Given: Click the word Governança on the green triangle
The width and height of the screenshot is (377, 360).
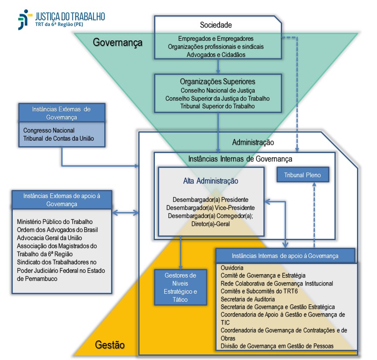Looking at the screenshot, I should pyautogui.click(x=117, y=43).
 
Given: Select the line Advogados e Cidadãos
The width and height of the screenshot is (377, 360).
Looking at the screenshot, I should pyautogui.click(x=216, y=54).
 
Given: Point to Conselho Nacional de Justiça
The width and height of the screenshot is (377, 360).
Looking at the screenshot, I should pyautogui.click(x=217, y=91).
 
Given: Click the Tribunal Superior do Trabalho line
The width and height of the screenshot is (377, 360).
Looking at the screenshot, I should pyautogui.click(x=217, y=106).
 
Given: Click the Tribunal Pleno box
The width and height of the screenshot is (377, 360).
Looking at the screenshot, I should pyautogui.click(x=303, y=175).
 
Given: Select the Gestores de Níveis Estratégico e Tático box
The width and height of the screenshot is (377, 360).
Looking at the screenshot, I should pyautogui.click(x=180, y=287).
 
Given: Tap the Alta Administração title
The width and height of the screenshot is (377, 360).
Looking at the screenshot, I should pyautogui.click(x=211, y=181).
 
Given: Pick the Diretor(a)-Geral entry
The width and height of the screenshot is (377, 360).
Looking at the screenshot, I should pyautogui.click(x=211, y=224).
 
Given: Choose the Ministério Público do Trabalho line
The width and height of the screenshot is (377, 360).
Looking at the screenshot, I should pyautogui.click(x=55, y=221).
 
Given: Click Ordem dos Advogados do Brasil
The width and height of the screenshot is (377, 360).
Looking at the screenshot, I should pyautogui.click(x=57, y=230).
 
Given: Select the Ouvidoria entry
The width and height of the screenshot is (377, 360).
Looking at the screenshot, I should pyautogui.click(x=232, y=268).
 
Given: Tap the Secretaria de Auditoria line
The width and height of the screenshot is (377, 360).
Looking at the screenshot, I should pyautogui.click(x=248, y=299).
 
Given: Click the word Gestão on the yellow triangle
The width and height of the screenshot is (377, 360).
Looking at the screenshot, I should pyautogui.click(x=110, y=344).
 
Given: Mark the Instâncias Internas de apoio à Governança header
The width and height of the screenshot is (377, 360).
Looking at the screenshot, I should pyautogui.click(x=285, y=256).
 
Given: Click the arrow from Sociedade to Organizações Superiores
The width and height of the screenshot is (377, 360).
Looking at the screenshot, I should pyautogui.click(x=218, y=66).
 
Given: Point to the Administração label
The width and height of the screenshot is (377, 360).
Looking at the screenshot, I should pyautogui.click(x=253, y=142).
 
